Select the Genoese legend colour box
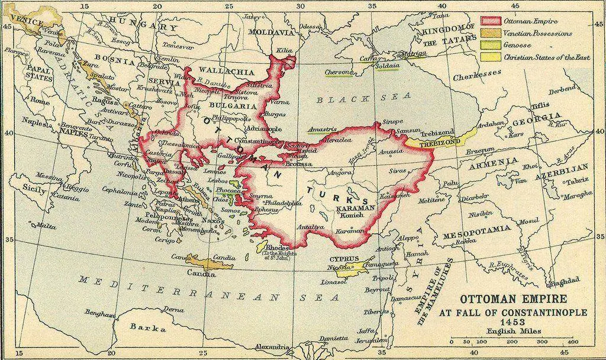(489, 46)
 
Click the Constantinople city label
(254, 142)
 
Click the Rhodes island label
(277, 247)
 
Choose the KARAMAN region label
(354, 209)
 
